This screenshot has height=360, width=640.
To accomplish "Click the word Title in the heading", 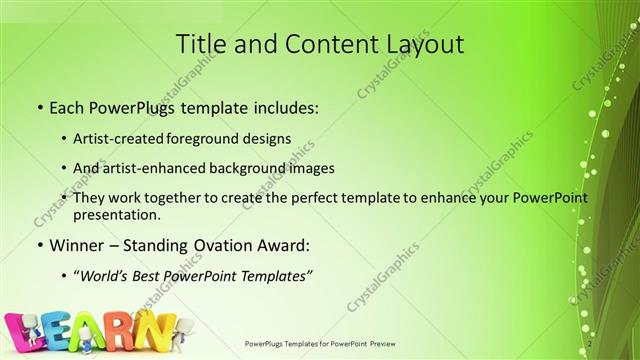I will pyautogui.click(x=201, y=44).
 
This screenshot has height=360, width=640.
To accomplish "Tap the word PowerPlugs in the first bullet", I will pyautogui.click(x=133, y=106).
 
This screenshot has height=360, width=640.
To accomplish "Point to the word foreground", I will pyautogui.click(x=225, y=138).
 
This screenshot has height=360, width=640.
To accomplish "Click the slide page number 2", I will pyautogui.click(x=591, y=343).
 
